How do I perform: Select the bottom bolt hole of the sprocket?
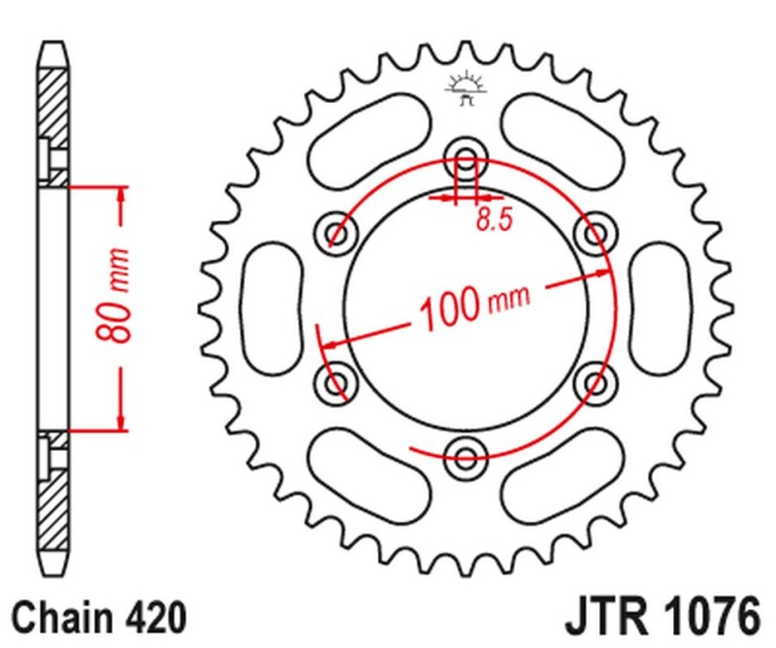pyautogui.click(x=466, y=456)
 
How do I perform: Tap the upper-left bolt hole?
pyautogui.click(x=337, y=233)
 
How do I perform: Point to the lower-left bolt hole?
pyautogui.click(x=337, y=381)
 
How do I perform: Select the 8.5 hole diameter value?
pyautogui.click(x=493, y=221)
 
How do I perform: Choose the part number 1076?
pyautogui.click(x=712, y=617)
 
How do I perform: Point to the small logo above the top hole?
pyautogui.click(x=465, y=86)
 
